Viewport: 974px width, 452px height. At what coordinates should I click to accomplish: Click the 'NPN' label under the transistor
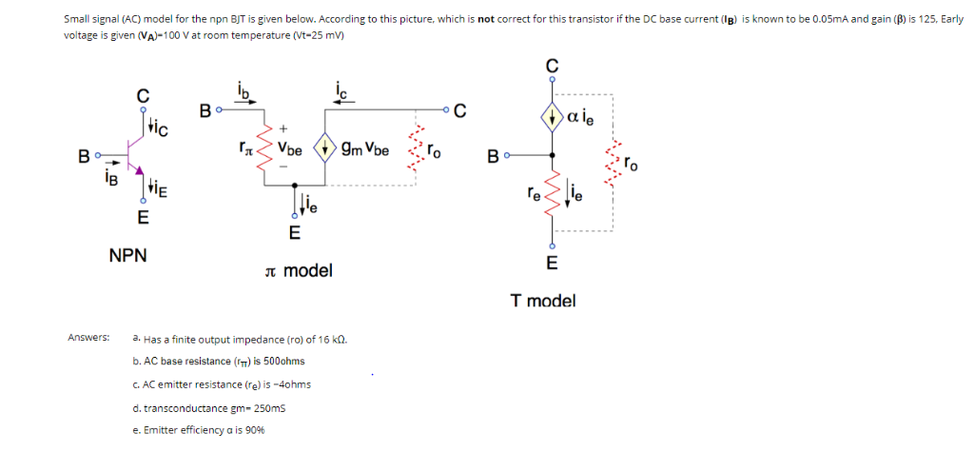[x=127, y=256]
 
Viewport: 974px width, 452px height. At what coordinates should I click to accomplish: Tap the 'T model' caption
[x=542, y=301]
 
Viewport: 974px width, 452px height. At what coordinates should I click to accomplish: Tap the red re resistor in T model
[x=551, y=196]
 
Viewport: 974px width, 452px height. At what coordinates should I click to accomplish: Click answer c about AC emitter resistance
[x=222, y=384]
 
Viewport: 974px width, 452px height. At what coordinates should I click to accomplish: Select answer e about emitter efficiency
[x=200, y=430]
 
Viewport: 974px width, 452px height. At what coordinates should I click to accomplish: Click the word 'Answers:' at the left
[x=88, y=338]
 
